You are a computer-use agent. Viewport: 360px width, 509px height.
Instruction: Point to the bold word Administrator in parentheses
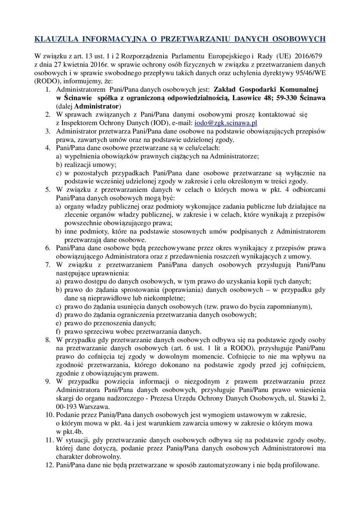click(x=98, y=106)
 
